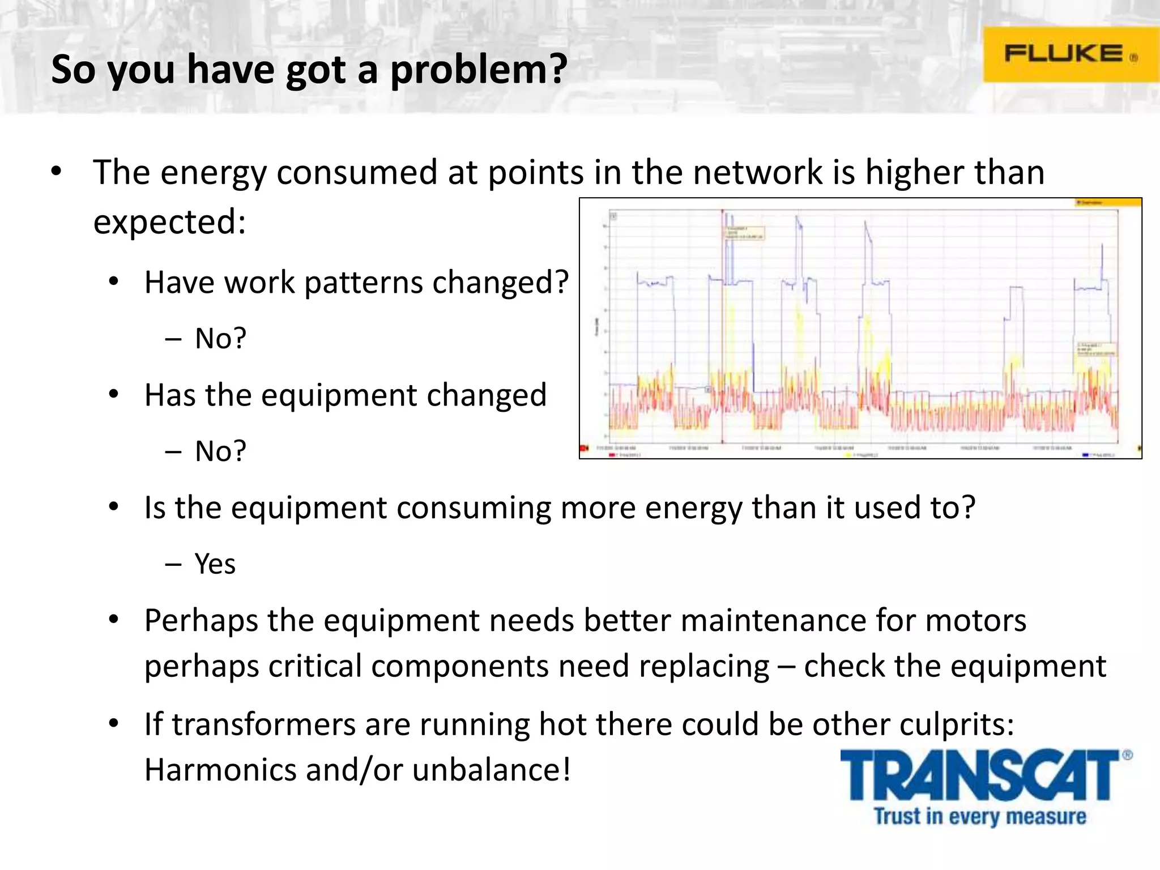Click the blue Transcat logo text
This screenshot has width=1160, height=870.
point(979,776)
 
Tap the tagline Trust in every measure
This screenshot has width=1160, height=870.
point(980,816)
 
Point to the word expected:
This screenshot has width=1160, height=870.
point(169,221)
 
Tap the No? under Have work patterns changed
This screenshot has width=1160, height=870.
point(220,339)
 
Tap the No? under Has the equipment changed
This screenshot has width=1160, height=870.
point(220,451)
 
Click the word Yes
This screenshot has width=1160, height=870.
point(215,564)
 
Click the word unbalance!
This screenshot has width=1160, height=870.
point(491,770)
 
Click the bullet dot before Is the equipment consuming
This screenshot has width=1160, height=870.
point(114,507)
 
